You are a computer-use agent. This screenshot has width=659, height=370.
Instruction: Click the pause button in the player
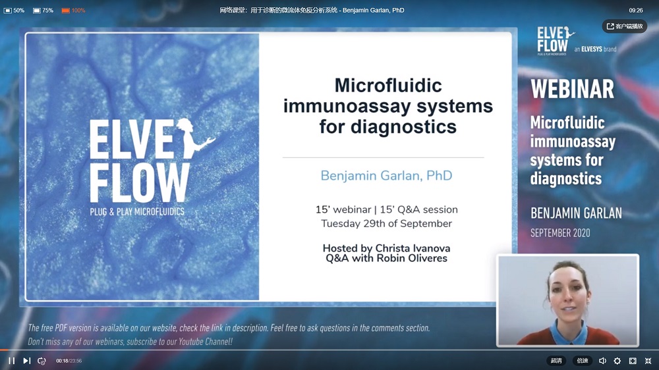tap(12, 361)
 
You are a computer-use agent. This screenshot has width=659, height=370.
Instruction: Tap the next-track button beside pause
tap(26, 361)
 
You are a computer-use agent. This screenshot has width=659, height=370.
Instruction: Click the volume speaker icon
tap(602, 361)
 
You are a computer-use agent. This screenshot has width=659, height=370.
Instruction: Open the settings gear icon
tap(617, 361)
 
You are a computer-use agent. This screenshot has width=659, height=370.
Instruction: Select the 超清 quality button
tap(556, 361)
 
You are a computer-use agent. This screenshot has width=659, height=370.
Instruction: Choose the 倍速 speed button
tap(582, 361)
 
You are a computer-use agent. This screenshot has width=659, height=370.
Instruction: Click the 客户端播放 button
tap(625, 26)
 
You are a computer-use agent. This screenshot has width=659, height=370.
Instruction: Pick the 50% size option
tap(14, 11)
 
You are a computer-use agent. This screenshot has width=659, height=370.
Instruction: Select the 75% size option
tap(43, 11)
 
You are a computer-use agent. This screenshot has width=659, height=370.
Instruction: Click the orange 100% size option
tap(73, 11)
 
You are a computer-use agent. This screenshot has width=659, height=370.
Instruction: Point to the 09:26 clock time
tap(635, 11)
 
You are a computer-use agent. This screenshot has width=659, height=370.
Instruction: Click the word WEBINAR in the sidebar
tap(572, 89)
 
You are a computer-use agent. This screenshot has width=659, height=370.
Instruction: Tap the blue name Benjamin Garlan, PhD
tap(386, 176)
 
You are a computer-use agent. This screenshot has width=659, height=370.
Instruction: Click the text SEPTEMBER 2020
tap(560, 233)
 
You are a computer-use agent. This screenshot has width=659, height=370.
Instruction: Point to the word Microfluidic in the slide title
tap(388, 86)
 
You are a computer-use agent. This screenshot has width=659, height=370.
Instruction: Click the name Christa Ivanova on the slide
tap(413, 248)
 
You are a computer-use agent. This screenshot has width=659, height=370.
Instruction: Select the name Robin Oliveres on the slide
tap(412, 258)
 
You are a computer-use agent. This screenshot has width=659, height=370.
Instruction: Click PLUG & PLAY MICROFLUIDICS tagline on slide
tap(137, 212)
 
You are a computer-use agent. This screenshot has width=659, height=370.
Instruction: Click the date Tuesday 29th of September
tap(387, 223)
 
